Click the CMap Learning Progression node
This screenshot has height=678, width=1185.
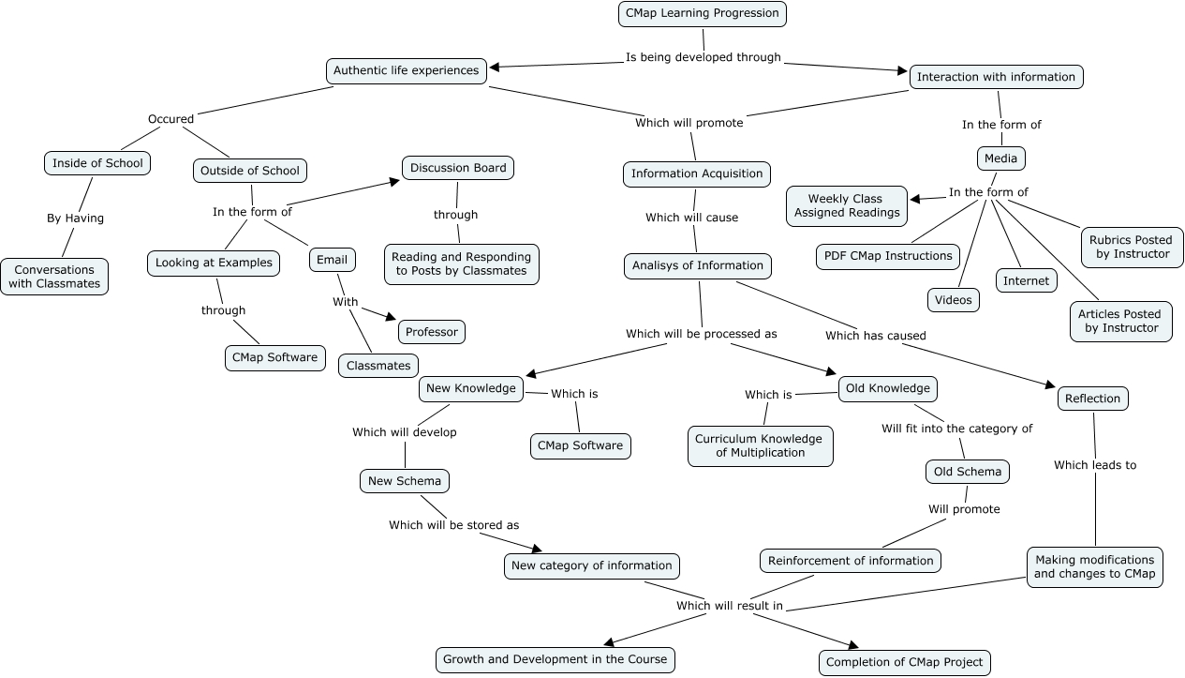(702, 14)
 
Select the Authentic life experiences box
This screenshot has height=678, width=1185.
(407, 70)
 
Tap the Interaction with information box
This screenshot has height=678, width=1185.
(996, 77)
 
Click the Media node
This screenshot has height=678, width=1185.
(1000, 158)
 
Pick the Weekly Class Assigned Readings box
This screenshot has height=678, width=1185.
(847, 205)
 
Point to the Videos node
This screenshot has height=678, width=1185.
(954, 300)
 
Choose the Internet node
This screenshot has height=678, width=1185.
(1027, 280)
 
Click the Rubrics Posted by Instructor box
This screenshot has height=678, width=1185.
(1130, 247)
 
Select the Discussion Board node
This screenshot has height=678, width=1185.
(458, 168)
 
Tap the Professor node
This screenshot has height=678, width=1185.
(432, 332)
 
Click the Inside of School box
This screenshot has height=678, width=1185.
(97, 163)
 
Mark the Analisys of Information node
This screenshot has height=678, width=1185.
(698, 265)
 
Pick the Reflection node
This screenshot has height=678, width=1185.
(1092, 399)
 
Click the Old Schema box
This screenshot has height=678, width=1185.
(968, 472)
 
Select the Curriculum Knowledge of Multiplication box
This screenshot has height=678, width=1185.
(760, 445)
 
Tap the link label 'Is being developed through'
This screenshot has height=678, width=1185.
(703, 57)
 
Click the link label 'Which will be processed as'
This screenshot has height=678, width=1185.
(701, 334)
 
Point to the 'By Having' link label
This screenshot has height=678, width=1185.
(75, 218)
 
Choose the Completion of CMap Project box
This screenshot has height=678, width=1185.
(904, 662)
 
